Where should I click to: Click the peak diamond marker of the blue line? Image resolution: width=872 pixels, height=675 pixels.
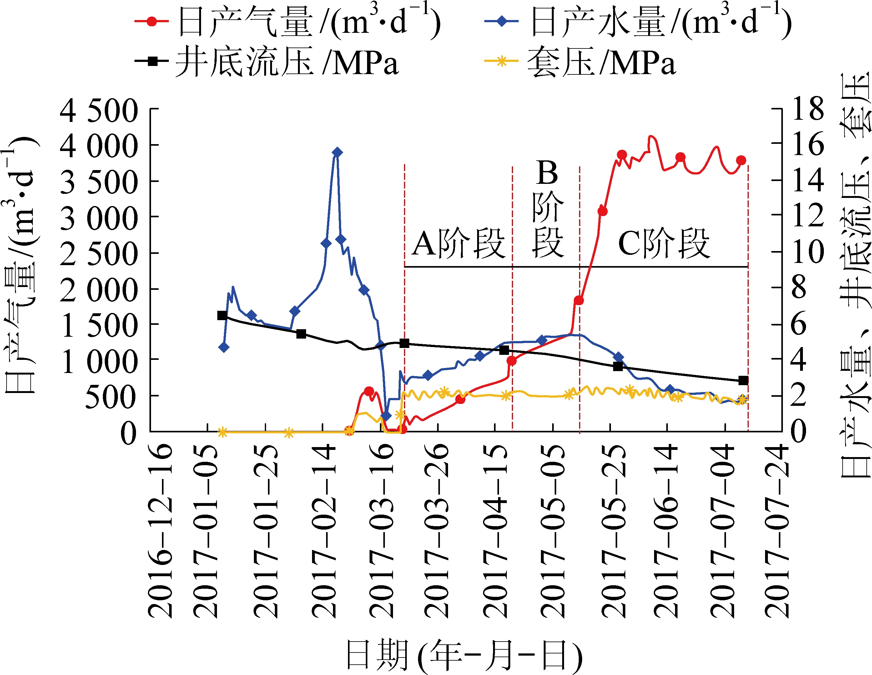pyautogui.click(x=337, y=152)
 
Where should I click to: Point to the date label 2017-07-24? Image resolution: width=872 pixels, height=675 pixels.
pyautogui.click(x=777, y=531)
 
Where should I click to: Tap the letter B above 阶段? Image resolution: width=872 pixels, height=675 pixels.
pyautogui.click(x=547, y=173)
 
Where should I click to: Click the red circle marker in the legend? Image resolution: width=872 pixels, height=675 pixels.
pyautogui.click(x=152, y=21)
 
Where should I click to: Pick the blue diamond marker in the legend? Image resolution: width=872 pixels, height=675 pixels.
pyautogui.click(x=502, y=21)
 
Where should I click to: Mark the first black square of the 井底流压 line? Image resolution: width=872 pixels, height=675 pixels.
pyautogui.click(x=222, y=315)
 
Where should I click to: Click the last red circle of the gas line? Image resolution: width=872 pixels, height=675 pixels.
pyautogui.click(x=741, y=160)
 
